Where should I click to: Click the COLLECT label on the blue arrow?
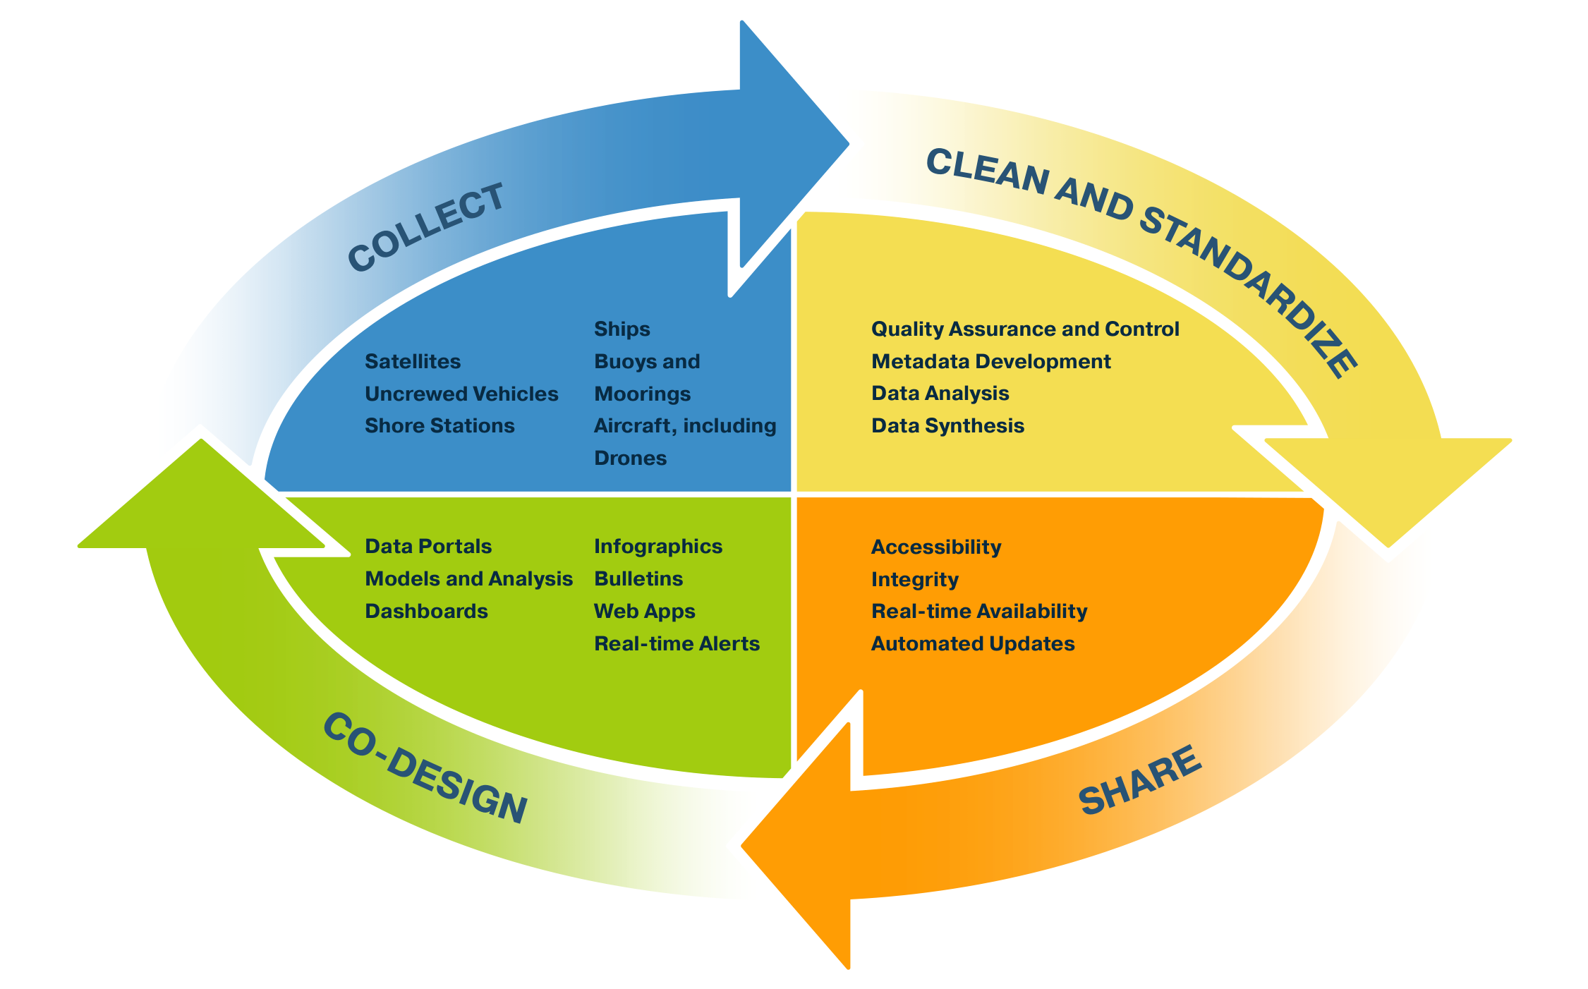(x=426, y=227)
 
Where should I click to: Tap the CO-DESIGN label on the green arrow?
(x=425, y=767)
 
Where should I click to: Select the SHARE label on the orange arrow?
(x=1140, y=780)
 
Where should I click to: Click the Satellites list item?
(x=413, y=361)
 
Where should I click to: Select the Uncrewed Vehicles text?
(x=461, y=394)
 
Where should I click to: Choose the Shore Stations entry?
(x=440, y=425)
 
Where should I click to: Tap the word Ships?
(x=622, y=329)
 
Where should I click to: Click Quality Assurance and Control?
(x=1025, y=329)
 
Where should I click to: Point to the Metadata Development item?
(x=990, y=361)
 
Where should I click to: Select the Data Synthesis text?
(x=947, y=425)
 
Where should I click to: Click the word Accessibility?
(x=936, y=547)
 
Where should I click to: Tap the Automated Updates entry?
(x=973, y=643)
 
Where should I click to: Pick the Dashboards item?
(x=426, y=611)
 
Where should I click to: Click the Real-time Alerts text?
(x=677, y=643)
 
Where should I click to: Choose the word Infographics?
(x=658, y=546)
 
